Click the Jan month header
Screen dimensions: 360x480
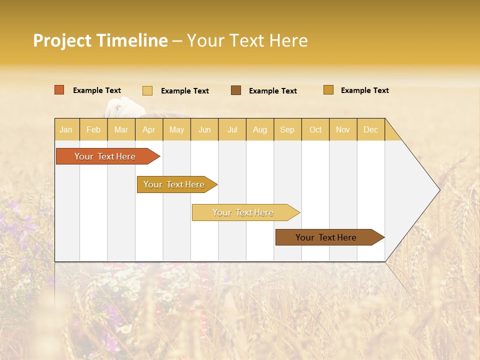click(66, 129)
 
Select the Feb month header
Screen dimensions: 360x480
click(93, 129)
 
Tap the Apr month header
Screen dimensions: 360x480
click(148, 129)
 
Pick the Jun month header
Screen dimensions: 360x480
click(204, 129)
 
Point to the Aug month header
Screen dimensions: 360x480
click(259, 129)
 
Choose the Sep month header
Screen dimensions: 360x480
click(287, 129)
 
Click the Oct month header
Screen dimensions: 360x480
click(315, 129)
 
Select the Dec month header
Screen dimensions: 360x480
click(370, 129)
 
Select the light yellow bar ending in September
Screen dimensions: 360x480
click(243, 212)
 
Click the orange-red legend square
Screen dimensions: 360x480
click(59, 90)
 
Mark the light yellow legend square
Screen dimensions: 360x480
click(147, 90)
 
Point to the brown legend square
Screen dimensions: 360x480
click(236, 90)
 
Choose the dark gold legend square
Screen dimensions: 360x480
click(328, 90)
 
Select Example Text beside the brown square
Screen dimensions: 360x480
click(272, 91)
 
